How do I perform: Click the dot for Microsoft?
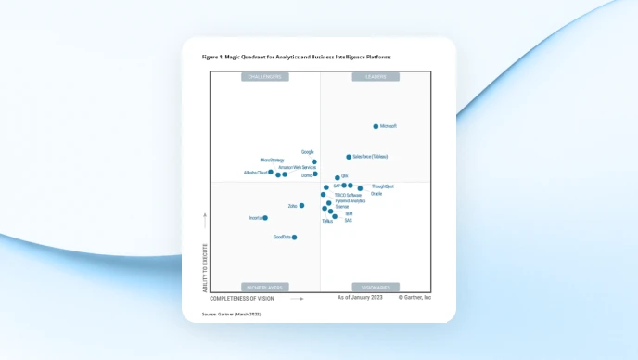tap(376, 126)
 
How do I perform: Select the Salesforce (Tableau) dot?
tap(349, 157)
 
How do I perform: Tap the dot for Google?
tap(314, 161)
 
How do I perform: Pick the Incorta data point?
tap(265, 218)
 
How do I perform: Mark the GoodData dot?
tap(294, 238)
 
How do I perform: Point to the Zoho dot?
tap(301, 206)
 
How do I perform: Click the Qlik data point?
tap(338, 177)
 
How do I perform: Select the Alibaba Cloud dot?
tap(271, 172)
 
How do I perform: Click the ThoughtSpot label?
tap(382, 186)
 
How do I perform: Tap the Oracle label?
tap(376, 194)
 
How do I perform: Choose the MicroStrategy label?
tap(272, 160)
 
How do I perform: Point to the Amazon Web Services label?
tap(297, 167)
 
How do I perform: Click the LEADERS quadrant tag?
tap(376, 76)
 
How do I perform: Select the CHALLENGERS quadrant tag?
tap(264, 76)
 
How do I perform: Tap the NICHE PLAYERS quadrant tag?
tap(264, 288)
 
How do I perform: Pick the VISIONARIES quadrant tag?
tap(376, 288)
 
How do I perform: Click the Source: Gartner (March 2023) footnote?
tap(232, 315)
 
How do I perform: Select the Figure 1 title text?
tap(297, 57)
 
